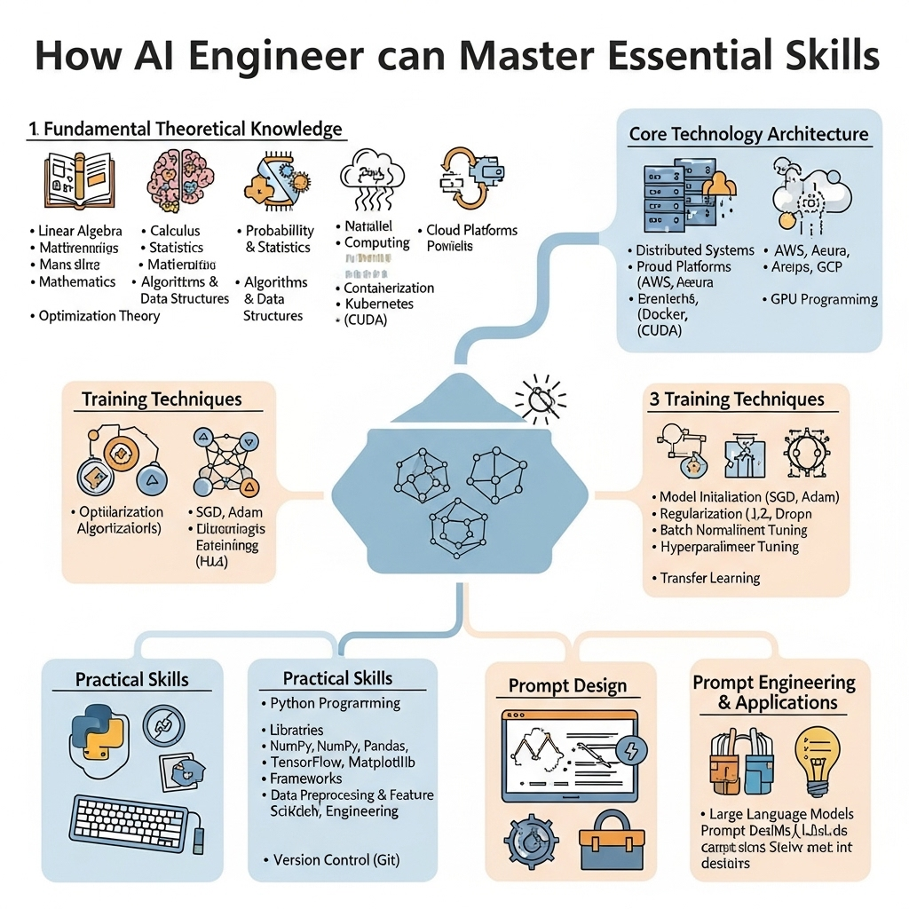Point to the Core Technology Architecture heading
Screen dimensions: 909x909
point(748,135)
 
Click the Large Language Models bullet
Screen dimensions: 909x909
point(781,814)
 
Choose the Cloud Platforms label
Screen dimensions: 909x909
point(471,231)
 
